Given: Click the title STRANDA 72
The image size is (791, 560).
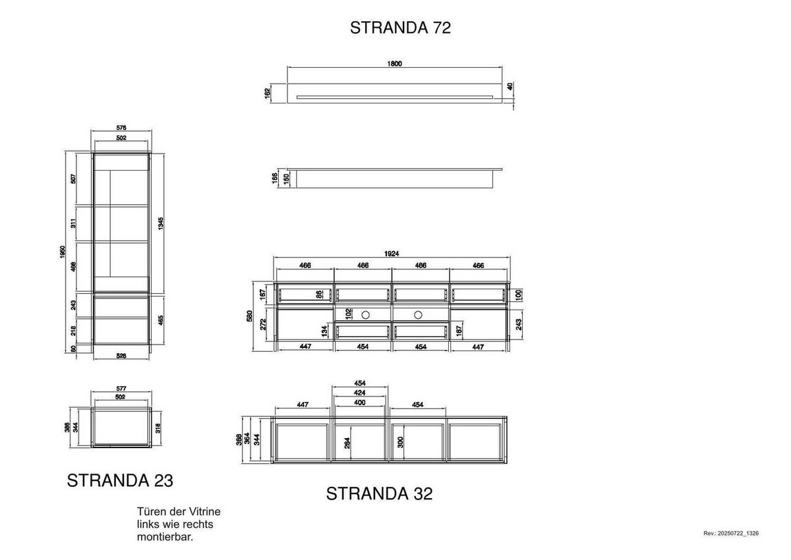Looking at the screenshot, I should click(400, 28).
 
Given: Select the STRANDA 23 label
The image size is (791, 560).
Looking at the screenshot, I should click(120, 481).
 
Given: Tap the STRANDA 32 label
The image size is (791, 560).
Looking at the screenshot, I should click(380, 493).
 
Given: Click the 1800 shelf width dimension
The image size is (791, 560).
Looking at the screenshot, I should click(394, 64).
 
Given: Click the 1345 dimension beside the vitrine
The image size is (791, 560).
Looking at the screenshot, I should click(161, 223).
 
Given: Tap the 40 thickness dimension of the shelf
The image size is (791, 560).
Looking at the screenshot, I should click(510, 86).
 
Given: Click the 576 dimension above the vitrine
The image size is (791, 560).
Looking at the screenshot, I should click(121, 128).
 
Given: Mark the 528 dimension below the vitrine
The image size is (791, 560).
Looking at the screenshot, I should click(121, 356).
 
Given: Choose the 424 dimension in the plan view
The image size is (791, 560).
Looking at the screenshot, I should click(361, 393).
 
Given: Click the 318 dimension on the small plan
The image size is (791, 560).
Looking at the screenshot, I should click(159, 428).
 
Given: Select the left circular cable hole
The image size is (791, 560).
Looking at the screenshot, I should click(367, 314).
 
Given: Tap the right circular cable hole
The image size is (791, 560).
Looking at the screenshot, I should click(418, 314).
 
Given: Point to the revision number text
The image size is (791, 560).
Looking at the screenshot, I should click(731, 533).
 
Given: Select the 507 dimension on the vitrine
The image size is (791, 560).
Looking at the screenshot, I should click(74, 178).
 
